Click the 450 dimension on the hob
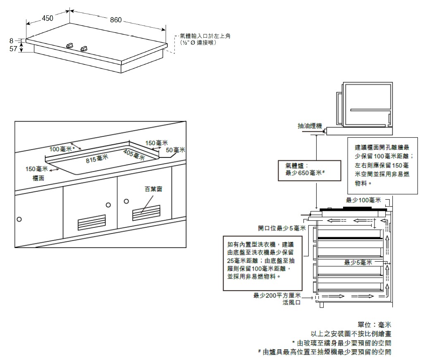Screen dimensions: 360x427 pyautogui.click(x=48, y=18)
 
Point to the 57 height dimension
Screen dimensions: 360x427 pyautogui.click(x=13, y=49)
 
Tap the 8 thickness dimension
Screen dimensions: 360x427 pyautogui.click(x=12, y=41)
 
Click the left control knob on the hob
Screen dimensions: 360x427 pyautogui.click(x=70, y=44)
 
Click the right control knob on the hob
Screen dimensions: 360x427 pyautogui.click(x=84, y=47)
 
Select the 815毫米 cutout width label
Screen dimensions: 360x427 pyautogui.click(x=97, y=159)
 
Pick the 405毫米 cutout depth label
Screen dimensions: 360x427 pyautogui.click(x=134, y=155)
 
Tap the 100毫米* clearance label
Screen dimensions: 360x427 pyautogui.click(x=62, y=149)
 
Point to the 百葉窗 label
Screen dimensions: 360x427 pyautogui.click(x=153, y=188)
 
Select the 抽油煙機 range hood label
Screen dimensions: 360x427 pyautogui.click(x=310, y=126)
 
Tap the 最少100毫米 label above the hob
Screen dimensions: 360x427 pyautogui.click(x=363, y=200)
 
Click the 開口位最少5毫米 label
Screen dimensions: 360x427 pyautogui.click(x=281, y=228)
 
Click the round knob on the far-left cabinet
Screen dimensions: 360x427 pyautogui.click(x=19, y=219)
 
